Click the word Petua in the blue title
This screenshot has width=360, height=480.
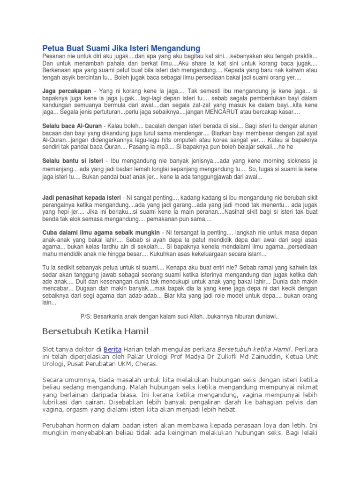(x=52, y=48)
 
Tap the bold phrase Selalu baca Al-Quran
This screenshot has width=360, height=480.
(x=72, y=126)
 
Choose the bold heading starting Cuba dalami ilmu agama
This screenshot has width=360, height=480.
(x=101, y=232)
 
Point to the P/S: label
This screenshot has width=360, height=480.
(x=87, y=316)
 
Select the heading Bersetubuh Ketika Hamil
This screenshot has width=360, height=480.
(x=95, y=332)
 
